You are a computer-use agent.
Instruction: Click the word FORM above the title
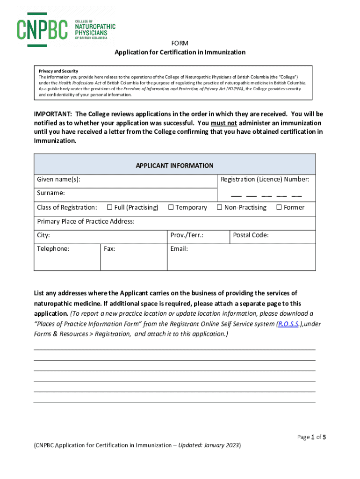(x=180, y=43)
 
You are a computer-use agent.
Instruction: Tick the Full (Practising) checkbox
(x=109, y=207)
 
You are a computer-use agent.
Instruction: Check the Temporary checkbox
(x=171, y=207)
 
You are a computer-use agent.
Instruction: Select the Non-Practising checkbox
(x=219, y=207)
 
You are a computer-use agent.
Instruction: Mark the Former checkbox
(x=279, y=207)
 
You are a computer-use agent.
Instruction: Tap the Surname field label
(x=51, y=193)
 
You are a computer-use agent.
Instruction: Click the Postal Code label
(x=251, y=235)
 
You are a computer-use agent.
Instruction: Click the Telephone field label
(x=53, y=249)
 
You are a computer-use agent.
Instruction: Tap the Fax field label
(x=110, y=249)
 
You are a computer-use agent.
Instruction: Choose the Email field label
(x=179, y=249)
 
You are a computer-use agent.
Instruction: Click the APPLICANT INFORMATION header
(x=174, y=166)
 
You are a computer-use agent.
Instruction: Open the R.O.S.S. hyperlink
(x=288, y=324)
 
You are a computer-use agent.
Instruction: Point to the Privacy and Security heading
(x=58, y=71)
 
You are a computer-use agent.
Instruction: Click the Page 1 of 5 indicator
(x=311, y=437)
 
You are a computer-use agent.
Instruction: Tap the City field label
(x=43, y=235)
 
